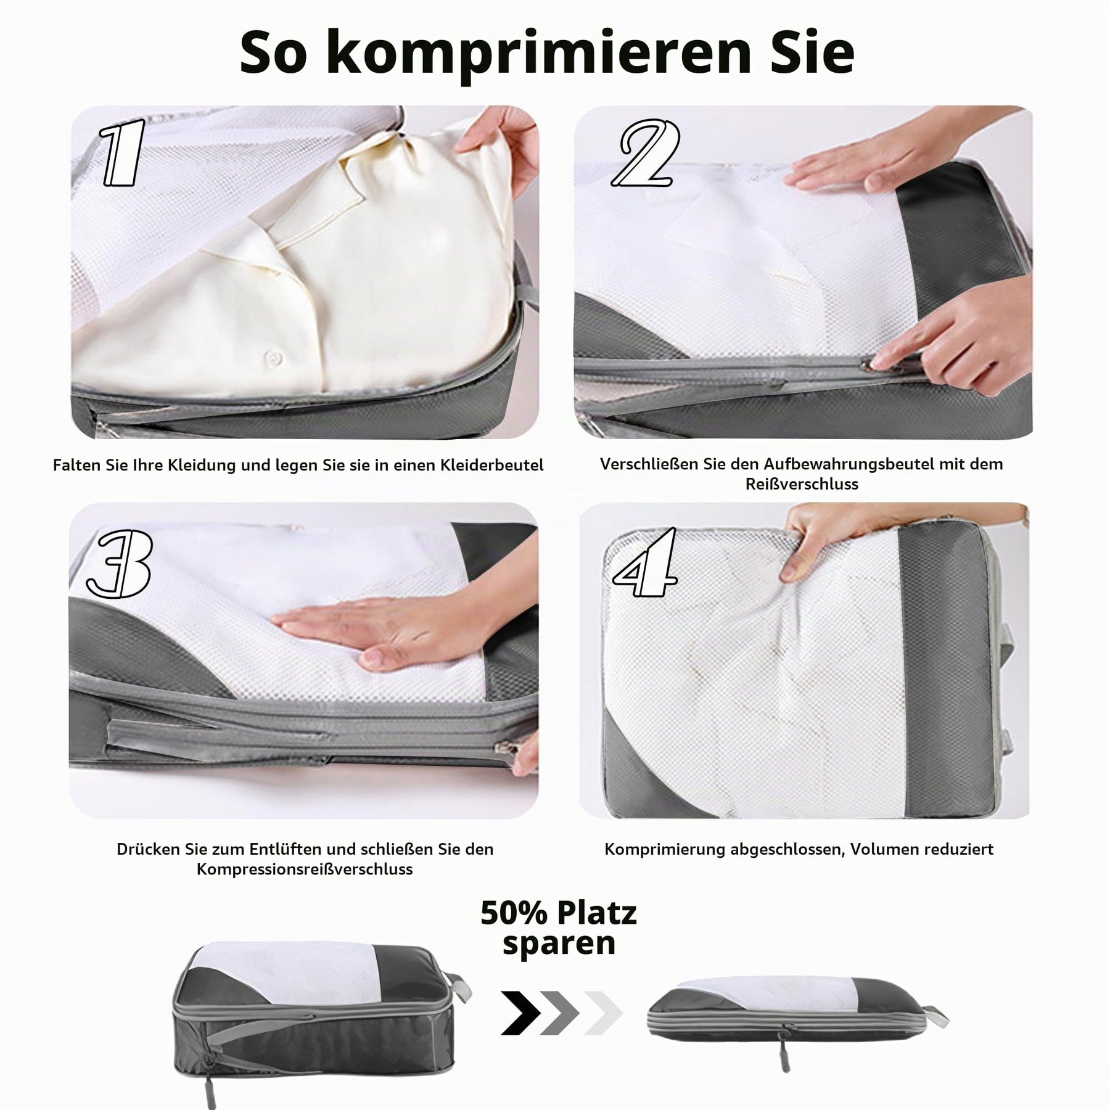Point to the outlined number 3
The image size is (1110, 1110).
pyautogui.click(x=119, y=564)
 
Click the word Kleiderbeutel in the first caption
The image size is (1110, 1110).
pyautogui.click(x=491, y=465)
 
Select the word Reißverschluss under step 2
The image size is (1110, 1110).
pyautogui.click(x=802, y=484)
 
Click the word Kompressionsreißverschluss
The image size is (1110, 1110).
pyautogui.click(x=305, y=869)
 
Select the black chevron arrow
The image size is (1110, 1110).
pyautogui.click(x=520, y=1013)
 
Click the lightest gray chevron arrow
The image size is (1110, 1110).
pyautogui.click(x=603, y=1013)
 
